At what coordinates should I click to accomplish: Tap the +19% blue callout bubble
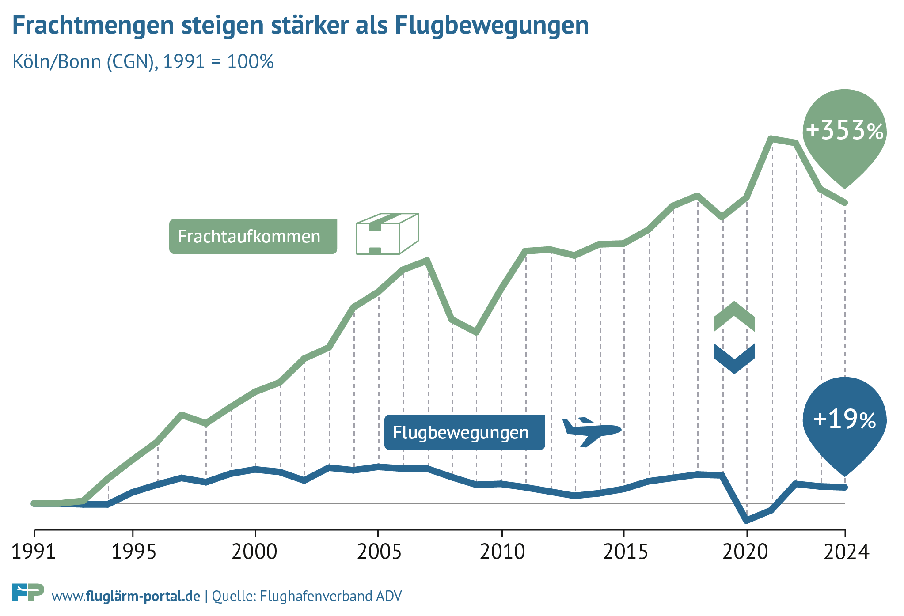coord(844,419)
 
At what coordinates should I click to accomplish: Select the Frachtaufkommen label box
coord(253,236)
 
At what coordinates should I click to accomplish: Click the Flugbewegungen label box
coord(464,432)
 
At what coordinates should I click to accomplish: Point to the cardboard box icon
coord(387,234)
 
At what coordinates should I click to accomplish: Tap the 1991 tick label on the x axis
coord(34,552)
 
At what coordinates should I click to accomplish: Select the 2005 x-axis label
coord(379,552)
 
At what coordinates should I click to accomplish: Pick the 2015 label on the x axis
coord(625,552)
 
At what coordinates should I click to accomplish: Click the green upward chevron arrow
coord(734,317)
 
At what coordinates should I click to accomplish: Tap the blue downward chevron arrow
coord(734,358)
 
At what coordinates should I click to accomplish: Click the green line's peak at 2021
coord(771,139)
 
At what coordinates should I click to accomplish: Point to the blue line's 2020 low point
coord(747,520)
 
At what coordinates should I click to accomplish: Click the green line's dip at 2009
coord(476,332)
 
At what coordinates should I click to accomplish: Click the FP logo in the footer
coord(27,593)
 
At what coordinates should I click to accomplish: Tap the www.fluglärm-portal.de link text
coord(126,597)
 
